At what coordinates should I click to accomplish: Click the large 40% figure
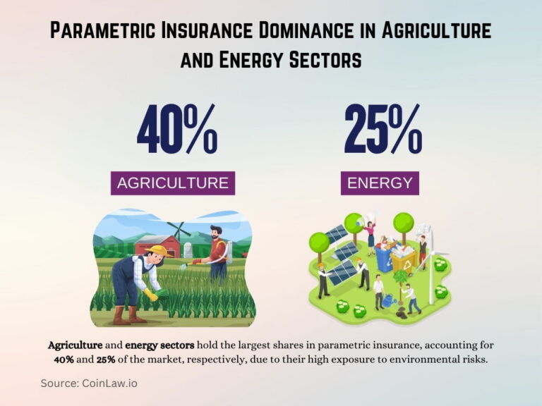click(176, 130)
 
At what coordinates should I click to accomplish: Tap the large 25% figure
click(383, 130)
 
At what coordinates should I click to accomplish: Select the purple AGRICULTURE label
click(173, 183)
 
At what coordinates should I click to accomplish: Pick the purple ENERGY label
click(380, 183)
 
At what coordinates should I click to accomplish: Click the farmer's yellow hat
click(159, 250)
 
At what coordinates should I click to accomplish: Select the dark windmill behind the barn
click(179, 232)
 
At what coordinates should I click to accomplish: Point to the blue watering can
click(389, 300)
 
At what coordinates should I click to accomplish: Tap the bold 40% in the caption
click(66, 359)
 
